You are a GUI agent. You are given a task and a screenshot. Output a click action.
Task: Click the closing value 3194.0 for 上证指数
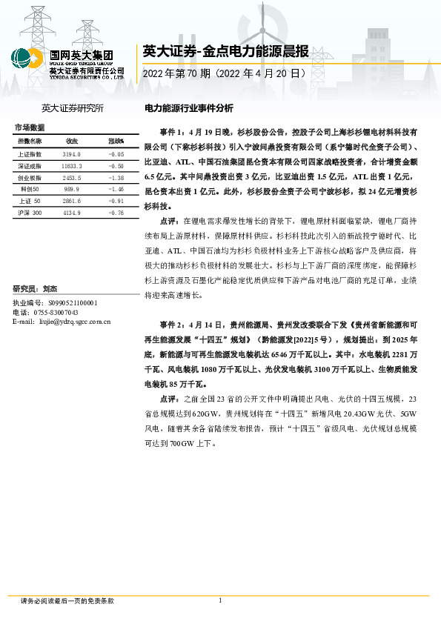point(72,153)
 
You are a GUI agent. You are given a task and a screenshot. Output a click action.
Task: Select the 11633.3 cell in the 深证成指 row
point(72,167)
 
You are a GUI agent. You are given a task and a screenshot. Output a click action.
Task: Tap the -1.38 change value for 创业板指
point(116,178)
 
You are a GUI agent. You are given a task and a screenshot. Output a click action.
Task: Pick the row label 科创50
point(30,190)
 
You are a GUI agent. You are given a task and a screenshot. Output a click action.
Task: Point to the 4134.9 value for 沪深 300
point(72,213)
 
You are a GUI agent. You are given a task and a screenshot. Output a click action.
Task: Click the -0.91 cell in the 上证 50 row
point(116,201)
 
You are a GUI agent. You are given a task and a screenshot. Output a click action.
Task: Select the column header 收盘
point(72,141)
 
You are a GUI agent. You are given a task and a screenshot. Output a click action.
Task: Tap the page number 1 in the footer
point(220,601)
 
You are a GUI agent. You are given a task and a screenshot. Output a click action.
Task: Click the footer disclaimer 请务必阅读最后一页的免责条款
point(67,601)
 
